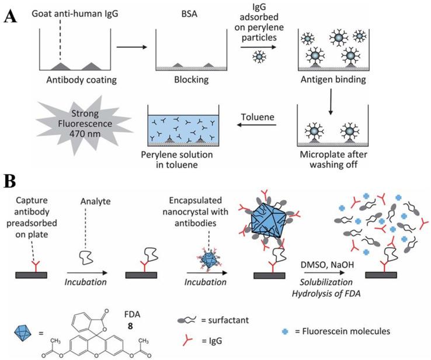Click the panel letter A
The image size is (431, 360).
click(11, 16)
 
